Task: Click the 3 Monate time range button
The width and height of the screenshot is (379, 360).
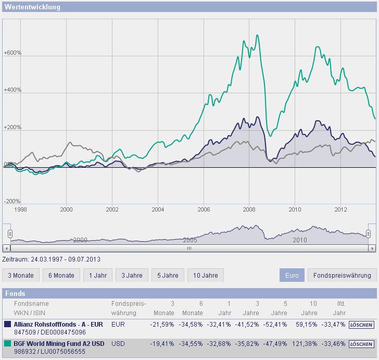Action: pyautogui.click(x=21, y=275)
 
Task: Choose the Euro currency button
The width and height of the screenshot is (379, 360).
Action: pyautogui.click(x=292, y=275)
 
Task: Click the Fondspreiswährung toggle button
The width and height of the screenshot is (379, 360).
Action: pyautogui.click(x=342, y=275)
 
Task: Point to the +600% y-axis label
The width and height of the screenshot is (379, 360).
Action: pyautogui.click(x=12, y=53)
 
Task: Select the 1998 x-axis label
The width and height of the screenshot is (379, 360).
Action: pyautogui.click(x=20, y=209)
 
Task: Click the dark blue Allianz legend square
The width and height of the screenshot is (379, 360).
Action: pyautogui.click(x=7, y=324)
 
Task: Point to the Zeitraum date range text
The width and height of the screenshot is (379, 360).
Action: pyautogui.click(x=51, y=259)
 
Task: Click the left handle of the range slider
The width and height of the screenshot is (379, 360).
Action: pyautogui.click(x=9, y=234)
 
